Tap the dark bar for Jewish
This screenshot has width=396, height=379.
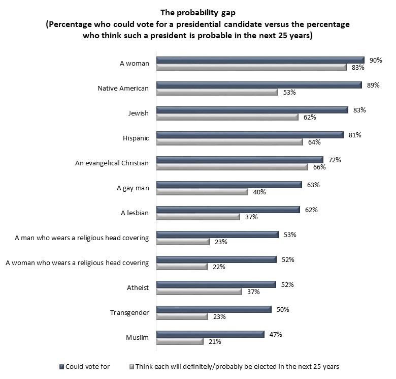point(252,109)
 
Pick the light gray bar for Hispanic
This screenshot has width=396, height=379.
point(229,142)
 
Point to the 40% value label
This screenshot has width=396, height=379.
point(260,192)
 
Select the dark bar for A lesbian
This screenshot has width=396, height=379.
point(228,209)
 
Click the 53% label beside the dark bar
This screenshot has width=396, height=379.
point(290,235)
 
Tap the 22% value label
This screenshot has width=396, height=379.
point(219,267)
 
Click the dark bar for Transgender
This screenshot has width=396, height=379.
point(214,309)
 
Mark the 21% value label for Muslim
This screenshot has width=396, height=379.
point(215,341)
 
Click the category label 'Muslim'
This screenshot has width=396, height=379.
point(137,337)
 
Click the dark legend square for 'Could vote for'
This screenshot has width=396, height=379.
point(61,366)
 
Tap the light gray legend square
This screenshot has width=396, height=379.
point(131,366)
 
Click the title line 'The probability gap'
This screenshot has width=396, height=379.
point(197,12)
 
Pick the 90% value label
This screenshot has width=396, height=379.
point(376,60)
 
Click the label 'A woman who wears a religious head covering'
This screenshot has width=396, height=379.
point(77,263)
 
